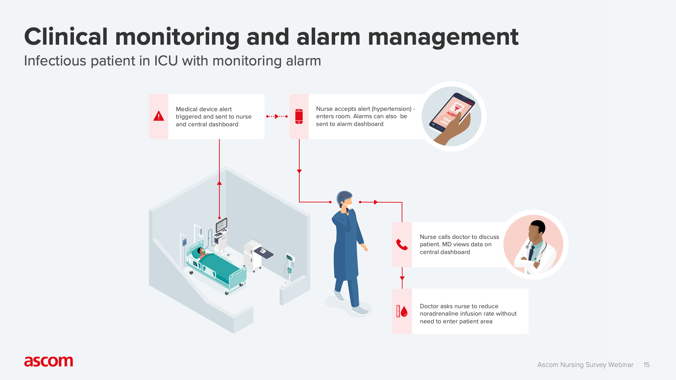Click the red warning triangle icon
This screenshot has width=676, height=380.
tap(159, 116)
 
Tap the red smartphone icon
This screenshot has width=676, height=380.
tap(299, 116)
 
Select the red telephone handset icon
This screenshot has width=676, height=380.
tap(402, 245)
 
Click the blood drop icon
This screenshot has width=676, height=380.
tap(404, 311)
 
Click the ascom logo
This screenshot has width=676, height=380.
tap(49, 361)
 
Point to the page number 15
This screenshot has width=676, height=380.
tap(646, 365)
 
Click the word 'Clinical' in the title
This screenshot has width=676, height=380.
tap(66, 37)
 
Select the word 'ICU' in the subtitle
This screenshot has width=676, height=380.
tap(165, 61)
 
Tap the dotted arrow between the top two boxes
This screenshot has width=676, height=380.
tap(277, 116)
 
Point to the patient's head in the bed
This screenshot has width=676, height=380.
tap(201, 251)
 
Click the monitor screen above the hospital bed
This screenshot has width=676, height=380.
tap(221, 224)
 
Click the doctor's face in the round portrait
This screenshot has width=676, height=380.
tap(535, 233)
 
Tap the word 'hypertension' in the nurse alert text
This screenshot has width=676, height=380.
tap(392, 109)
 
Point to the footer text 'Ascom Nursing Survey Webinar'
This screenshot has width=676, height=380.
tap(585, 365)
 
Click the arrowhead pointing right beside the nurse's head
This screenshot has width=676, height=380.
tap(376, 202)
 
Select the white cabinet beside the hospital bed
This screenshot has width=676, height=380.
tap(252, 255)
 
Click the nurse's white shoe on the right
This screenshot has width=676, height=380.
tap(360, 311)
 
